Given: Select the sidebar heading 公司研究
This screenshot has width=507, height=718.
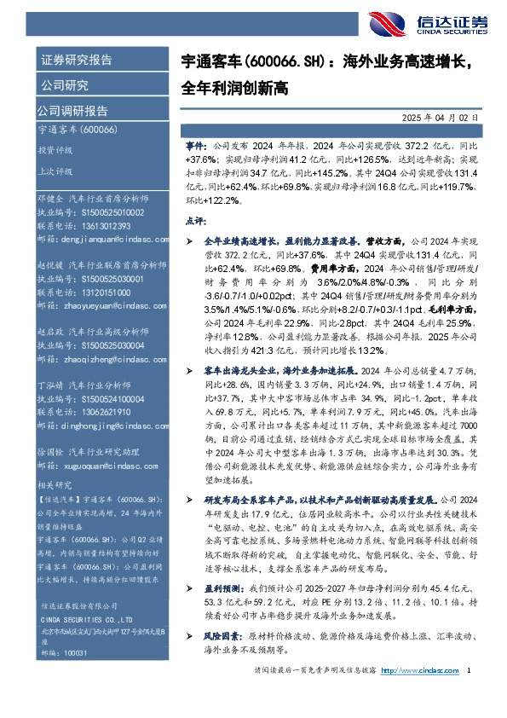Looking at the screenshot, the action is (64, 85).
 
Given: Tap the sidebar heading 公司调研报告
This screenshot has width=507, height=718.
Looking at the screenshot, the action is (72, 110).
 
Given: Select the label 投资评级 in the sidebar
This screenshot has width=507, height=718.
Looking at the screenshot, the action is (55, 149).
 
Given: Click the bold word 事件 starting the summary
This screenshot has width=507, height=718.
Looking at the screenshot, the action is (194, 148).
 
